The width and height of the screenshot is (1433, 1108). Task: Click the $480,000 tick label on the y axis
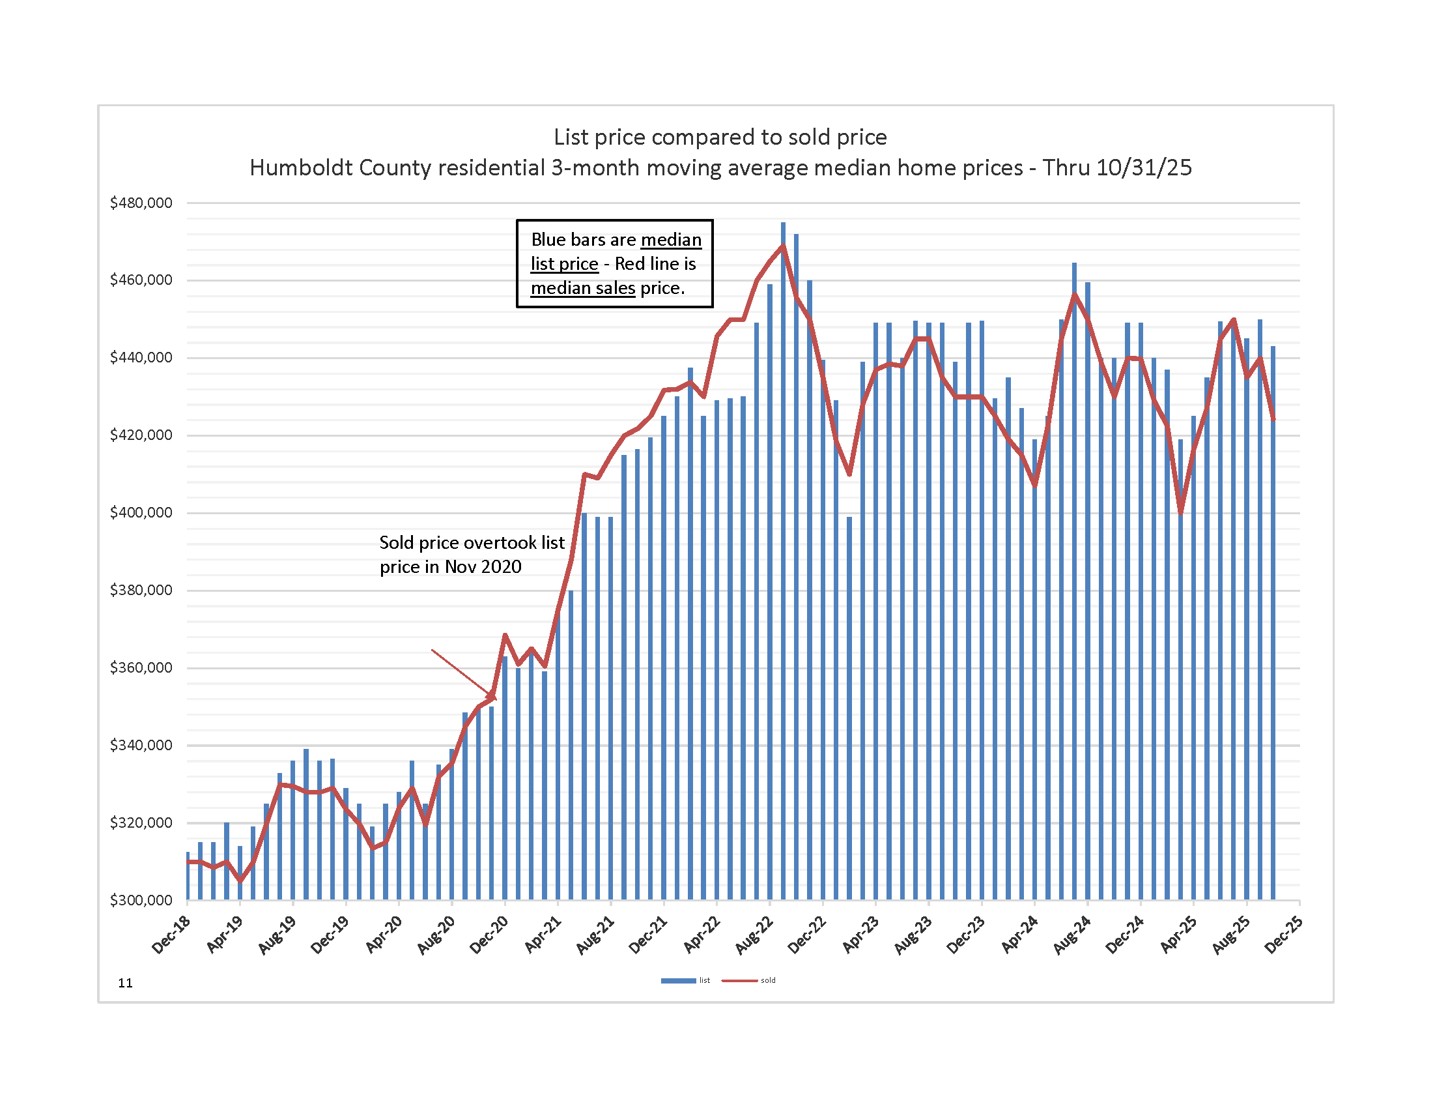tap(141, 203)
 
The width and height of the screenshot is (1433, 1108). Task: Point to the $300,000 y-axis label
tap(141, 900)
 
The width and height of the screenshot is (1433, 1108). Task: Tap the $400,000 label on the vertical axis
tap(141, 513)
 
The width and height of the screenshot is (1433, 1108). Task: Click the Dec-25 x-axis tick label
tap(1284, 935)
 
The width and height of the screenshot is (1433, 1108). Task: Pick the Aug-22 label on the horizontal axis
tap(754, 935)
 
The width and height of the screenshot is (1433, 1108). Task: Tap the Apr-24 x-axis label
tap(1019, 935)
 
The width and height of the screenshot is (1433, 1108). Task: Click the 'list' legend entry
tap(685, 981)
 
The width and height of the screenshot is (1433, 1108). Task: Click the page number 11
tap(125, 983)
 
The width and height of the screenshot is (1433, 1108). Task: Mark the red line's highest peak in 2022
tap(783, 246)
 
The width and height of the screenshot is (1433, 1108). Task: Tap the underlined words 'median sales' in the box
tap(583, 288)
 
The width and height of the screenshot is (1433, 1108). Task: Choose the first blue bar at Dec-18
tap(188, 876)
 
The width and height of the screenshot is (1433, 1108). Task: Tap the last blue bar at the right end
tap(1273, 624)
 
